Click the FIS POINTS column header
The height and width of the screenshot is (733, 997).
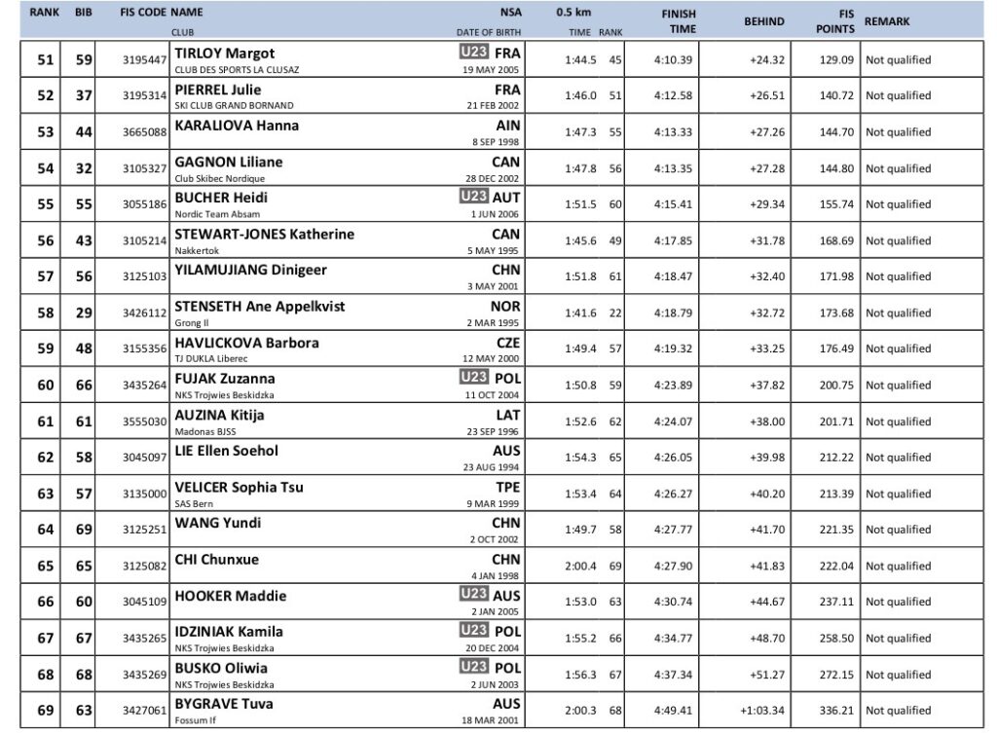click(x=835, y=21)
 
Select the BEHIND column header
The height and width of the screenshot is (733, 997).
click(x=763, y=21)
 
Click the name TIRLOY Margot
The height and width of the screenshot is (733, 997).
click(x=224, y=53)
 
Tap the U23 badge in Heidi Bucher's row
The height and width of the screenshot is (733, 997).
click(x=474, y=196)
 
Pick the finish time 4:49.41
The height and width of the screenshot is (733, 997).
click(x=673, y=711)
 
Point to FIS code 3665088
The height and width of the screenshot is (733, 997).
click(x=144, y=132)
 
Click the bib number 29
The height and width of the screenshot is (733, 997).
click(x=84, y=312)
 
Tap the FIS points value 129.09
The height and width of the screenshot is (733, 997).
click(x=836, y=60)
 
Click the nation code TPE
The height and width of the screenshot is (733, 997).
click(x=507, y=486)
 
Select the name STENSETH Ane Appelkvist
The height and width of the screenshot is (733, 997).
click(x=259, y=307)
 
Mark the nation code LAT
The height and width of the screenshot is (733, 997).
click(x=507, y=414)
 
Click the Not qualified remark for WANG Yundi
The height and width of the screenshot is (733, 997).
click(x=898, y=530)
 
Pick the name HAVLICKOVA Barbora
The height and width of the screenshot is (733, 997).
click(x=245, y=343)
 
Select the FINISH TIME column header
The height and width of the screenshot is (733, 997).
click(x=678, y=21)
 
